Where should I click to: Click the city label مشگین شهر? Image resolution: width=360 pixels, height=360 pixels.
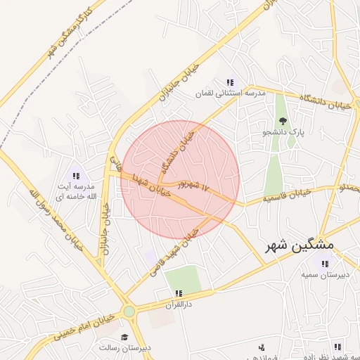(x=300, y=247)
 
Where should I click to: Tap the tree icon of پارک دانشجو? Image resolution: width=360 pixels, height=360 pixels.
(x=283, y=120)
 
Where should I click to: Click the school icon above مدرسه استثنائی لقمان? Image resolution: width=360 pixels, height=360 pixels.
(x=230, y=82)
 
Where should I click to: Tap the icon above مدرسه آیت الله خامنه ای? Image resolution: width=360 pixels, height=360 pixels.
(x=76, y=176)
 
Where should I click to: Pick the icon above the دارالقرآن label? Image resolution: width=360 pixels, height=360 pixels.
(x=179, y=293)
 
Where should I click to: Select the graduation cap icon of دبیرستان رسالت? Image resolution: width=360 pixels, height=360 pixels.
(x=124, y=337)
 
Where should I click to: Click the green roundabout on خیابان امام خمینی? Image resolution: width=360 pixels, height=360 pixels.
(x=129, y=311)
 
